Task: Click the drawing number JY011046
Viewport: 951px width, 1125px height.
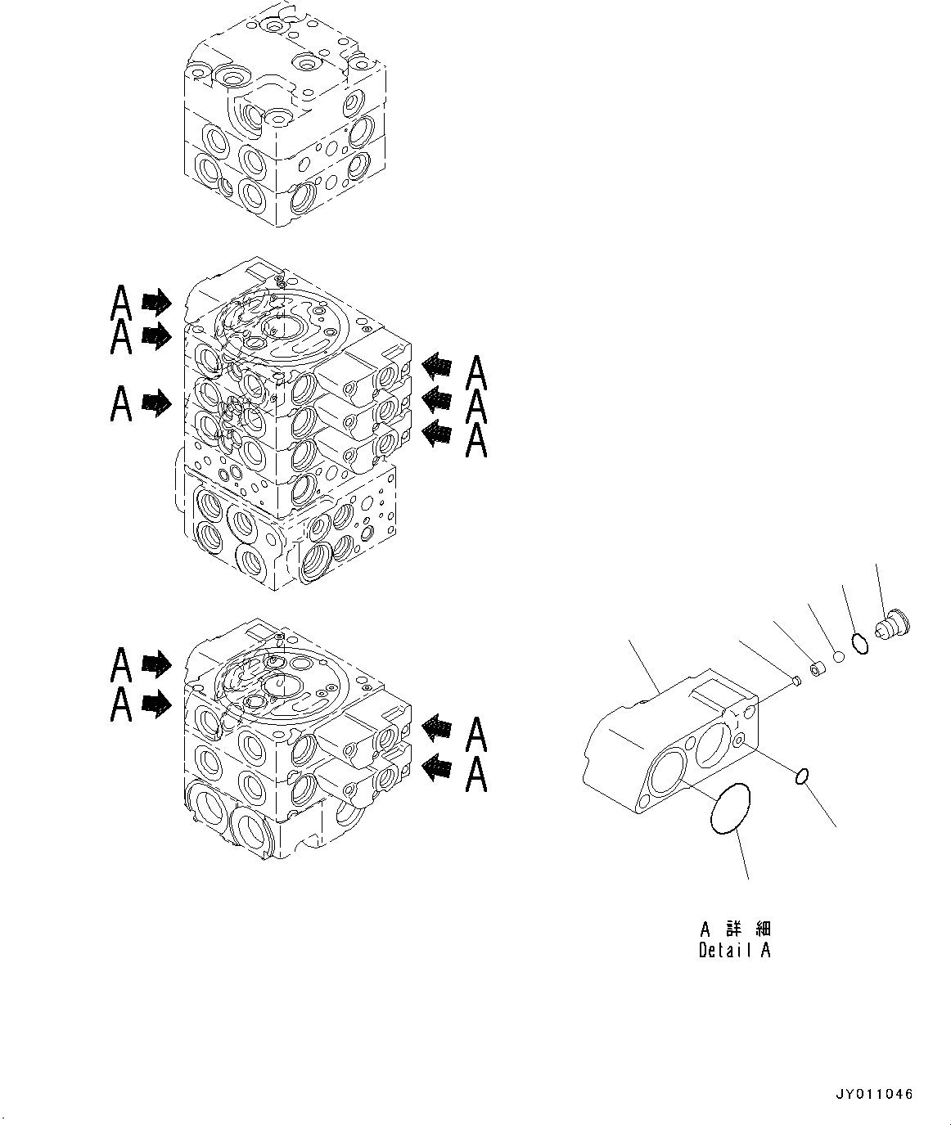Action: point(874,1094)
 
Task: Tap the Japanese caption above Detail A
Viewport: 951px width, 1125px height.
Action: point(735,929)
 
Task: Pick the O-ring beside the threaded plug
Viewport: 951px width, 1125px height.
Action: point(859,643)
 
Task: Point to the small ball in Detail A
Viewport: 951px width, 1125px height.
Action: point(838,656)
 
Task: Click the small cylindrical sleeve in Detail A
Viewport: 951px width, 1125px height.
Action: point(817,669)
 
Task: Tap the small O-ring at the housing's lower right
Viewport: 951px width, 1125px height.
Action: point(804,775)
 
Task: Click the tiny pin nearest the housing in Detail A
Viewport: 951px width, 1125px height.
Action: point(796,680)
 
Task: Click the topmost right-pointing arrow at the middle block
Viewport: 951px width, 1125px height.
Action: point(157,303)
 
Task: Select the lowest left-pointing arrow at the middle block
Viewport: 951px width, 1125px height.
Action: point(436,433)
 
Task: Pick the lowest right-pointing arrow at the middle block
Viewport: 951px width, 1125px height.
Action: point(157,402)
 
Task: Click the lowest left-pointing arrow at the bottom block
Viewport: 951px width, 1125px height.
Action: point(436,767)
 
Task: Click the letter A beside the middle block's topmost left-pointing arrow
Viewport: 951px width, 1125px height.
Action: point(476,374)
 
